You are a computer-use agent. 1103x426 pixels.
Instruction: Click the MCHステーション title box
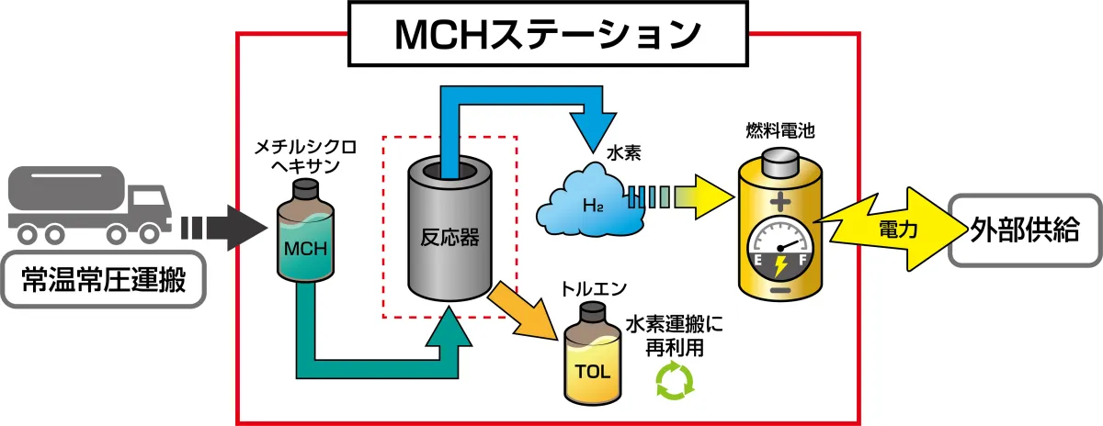(548, 35)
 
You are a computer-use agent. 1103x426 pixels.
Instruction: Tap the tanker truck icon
(88, 205)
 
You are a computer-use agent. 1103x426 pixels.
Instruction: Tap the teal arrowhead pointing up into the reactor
(450, 326)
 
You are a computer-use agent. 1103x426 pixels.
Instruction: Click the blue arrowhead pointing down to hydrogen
(593, 123)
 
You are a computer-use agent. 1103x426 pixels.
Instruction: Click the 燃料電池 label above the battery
(779, 131)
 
